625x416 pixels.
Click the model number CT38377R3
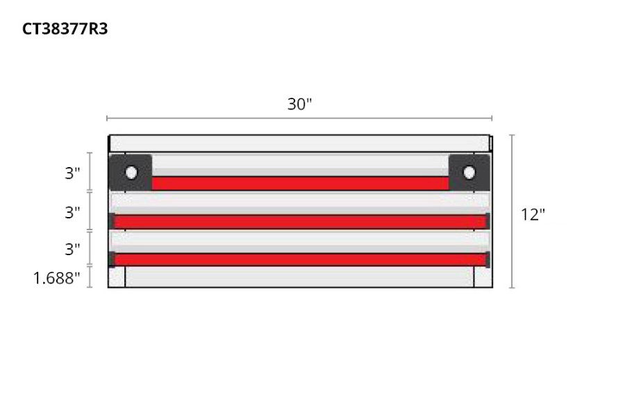tap(65, 29)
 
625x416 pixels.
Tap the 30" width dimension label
tap(300, 104)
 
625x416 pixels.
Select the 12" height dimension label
tap(533, 214)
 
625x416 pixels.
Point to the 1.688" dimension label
tap(57, 279)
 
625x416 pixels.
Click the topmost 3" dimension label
tap(73, 173)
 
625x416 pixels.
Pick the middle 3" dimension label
tap(73, 212)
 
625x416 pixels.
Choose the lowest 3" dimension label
tap(73, 248)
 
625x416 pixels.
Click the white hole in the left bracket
tap(131, 172)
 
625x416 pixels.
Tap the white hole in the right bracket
tap(469, 172)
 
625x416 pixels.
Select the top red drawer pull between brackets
tap(300, 184)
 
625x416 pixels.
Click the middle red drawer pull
tap(300, 222)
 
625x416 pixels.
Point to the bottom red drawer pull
tap(300, 260)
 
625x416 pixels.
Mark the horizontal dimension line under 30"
tap(299, 119)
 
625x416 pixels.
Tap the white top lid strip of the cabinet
tap(299, 144)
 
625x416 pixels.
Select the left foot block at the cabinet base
tap(117, 277)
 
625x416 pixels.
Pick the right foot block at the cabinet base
tap(483, 277)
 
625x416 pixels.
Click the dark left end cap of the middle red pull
tap(112, 221)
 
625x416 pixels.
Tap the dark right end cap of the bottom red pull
tap(487, 259)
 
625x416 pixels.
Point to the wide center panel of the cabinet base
tap(299, 277)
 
